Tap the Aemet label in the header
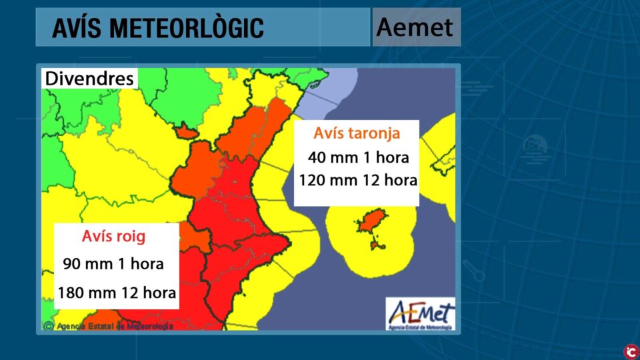pos(415,27)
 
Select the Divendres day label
pos(89,79)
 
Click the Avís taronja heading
pos(357,133)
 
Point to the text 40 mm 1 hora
pos(358,158)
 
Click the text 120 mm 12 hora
pos(358,180)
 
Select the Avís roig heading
pos(113,236)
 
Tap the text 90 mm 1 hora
pos(113,263)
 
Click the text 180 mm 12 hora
pos(117,293)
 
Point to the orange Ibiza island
pos(372,220)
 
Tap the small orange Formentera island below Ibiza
pos(377,245)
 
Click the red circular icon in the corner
pos(629,350)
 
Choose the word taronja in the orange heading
pos(374,133)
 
